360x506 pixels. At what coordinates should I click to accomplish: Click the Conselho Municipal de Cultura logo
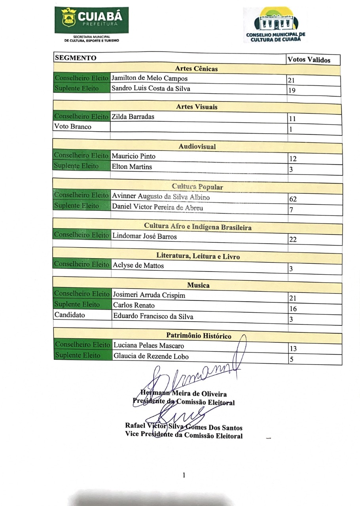pyautogui.click(x=276, y=25)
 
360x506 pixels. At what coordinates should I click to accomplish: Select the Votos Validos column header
pyautogui.click(x=309, y=60)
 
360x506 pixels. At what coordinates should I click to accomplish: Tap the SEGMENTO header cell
pyautogui.click(x=76, y=58)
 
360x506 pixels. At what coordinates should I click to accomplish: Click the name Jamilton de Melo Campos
pyautogui.click(x=150, y=78)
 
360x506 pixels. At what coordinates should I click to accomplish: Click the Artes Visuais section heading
pyautogui.click(x=197, y=107)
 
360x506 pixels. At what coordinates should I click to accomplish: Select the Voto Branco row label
pyautogui.click(x=73, y=126)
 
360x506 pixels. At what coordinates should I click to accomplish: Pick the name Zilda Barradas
pyautogui.click(x=133, y=117)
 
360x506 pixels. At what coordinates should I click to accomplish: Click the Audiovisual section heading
pyautogui.click(x=197, y=146)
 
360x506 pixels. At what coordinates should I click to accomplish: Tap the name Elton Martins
pyautogui.click(x=132, y=166)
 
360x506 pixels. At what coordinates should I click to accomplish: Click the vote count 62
pyautogui.click(x=293, y=199)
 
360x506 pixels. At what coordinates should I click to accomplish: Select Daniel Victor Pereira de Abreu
pyautogui.click(x=157, y=207)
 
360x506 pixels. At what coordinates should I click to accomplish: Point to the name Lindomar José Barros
pyautogui.click(x=145, y=236)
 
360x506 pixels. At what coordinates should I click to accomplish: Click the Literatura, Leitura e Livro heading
pyautogui.click(x=198, y=256)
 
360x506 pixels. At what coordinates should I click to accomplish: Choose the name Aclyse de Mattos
pyautogui.click(x=138, y=266)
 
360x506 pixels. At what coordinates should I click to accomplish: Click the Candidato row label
pyautogui.click(x=70, y=315)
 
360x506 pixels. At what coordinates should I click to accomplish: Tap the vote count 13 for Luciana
pyautogui.click(x=293, y=349)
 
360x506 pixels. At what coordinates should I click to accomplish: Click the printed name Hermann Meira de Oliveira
pyautogui.click(x=184, y=394)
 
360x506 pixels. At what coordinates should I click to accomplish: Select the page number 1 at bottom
pyautogui.click(x=184, y=475)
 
